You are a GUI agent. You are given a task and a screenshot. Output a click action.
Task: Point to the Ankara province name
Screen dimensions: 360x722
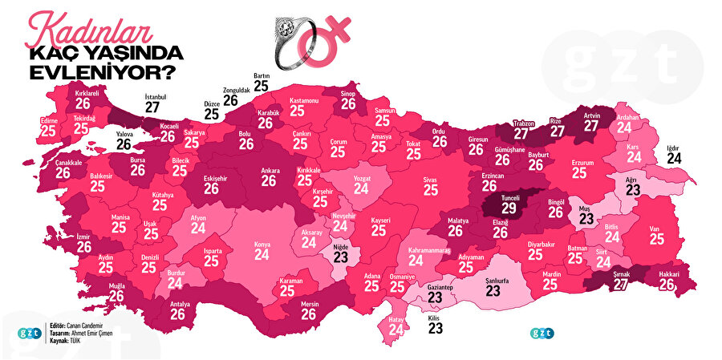[270, 171]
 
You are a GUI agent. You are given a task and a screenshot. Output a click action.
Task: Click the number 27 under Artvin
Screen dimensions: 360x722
[591, 126]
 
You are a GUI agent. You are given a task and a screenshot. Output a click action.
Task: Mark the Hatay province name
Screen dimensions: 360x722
[395, 318]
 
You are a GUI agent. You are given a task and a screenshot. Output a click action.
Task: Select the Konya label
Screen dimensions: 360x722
[262, 243]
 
